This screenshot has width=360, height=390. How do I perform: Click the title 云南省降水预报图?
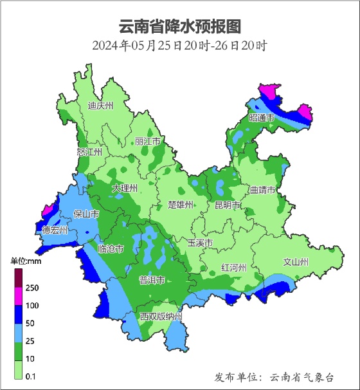click(x=180, y=27)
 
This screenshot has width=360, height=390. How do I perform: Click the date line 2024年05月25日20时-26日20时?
click(x=179, y=46)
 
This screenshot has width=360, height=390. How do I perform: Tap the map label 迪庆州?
click(x=100, y=106)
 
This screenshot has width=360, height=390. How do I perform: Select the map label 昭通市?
click(x=262, y=118)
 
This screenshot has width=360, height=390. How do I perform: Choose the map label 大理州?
click(x=125, y=188)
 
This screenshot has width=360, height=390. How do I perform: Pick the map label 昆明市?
click(x=228, y=205)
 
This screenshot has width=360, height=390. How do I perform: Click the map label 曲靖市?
click(x=262, y=190)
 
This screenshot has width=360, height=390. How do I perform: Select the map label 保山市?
click(x=86, y=214)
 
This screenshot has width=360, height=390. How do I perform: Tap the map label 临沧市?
click(x=111, y=248)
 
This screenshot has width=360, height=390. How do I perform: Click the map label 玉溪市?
click(x=200, y=243)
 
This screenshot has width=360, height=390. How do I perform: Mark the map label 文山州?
click(x=296, y=262)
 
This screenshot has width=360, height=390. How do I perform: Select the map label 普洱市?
click(x=152, y=280)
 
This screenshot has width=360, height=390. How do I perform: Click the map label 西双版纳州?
click(x=161, y=317)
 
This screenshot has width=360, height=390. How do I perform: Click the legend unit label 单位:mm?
click(x=26, y=261)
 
